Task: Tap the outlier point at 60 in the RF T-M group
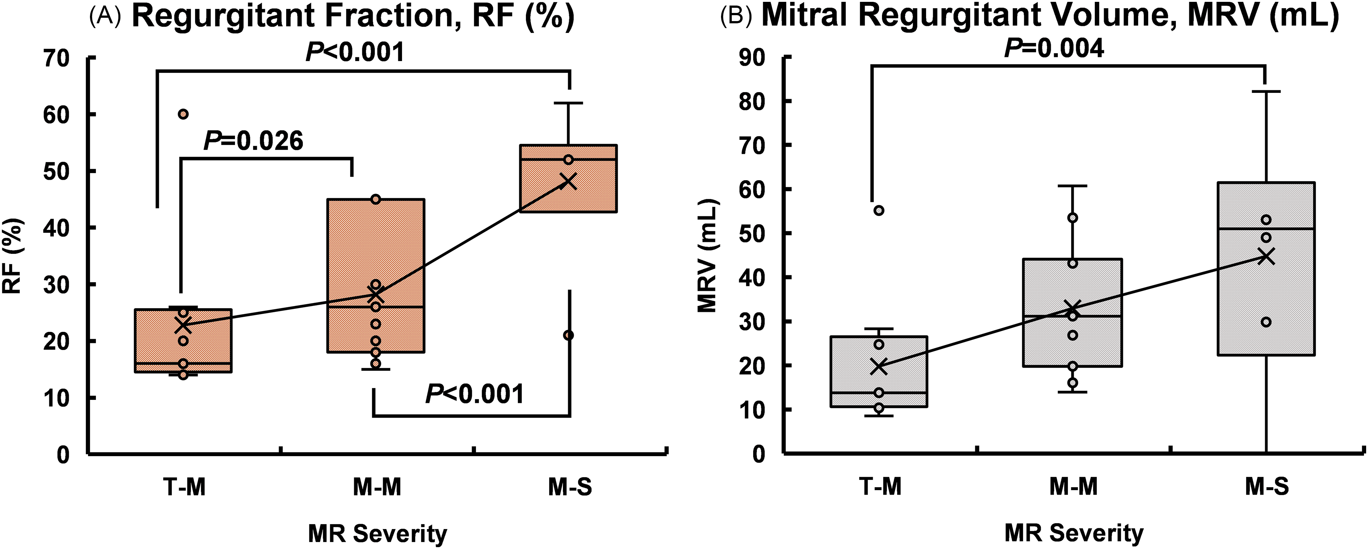183,114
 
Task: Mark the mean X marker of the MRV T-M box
879,366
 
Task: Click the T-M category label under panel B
879,487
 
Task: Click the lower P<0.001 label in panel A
474,394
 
